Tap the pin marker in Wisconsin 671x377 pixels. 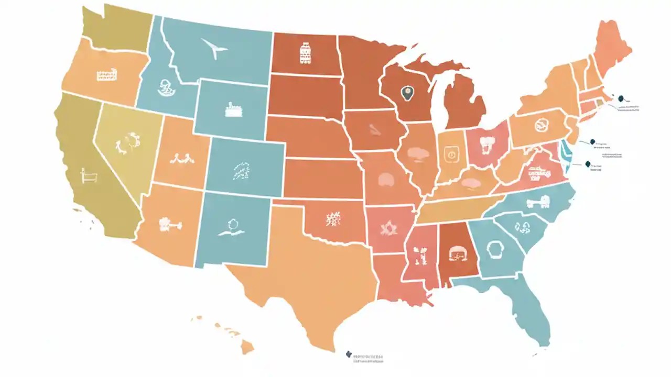406,94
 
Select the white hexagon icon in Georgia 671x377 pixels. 494,250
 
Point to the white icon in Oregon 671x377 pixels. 106,76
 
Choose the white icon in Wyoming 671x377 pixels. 232,109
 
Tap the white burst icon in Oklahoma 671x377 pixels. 333,218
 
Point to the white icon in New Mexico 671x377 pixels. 231,227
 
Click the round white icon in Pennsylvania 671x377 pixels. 540,126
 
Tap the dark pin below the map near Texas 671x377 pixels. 349,354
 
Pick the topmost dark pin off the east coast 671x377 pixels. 621,98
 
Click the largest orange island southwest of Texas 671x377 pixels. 246,347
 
